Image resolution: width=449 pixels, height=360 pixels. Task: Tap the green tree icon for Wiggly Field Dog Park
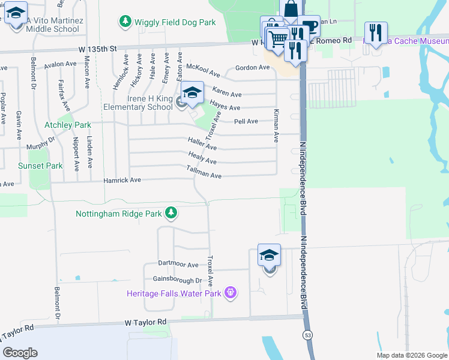[125, 22]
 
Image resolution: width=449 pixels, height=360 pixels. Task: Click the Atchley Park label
[68, 125]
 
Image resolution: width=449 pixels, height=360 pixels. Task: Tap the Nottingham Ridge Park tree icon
[171, 213]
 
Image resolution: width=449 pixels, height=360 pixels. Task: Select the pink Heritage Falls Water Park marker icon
[230, 293]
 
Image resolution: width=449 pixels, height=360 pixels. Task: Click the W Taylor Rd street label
[145, 322]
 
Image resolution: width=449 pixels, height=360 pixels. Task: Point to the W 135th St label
[95, 49]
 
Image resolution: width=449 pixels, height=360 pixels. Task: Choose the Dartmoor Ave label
[178, 264]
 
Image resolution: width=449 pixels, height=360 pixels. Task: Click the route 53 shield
[308, 334]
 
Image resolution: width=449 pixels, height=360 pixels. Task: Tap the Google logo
[20, 353]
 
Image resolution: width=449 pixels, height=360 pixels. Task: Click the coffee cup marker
[310, 27]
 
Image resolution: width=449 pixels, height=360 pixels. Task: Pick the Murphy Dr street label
[40, 143]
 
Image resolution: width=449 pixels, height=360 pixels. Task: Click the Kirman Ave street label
[276, 126]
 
